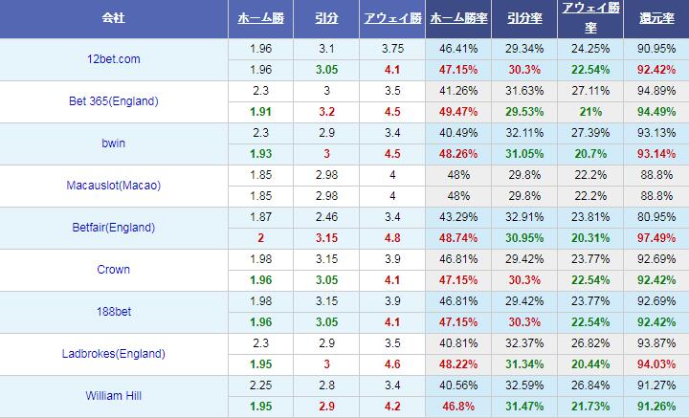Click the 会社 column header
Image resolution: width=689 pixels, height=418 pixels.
coord(115,19)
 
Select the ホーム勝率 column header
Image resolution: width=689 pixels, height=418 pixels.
coord(456,19)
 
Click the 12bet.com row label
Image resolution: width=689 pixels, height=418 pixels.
coord(113,59)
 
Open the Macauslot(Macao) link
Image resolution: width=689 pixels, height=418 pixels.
coord(114,186)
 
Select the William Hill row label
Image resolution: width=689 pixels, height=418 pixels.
coord(114,396)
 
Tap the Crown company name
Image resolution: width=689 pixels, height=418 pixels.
coord(114,270)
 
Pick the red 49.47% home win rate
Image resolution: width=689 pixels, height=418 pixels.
coord(456,112)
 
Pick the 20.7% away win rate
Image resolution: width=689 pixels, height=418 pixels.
coord(588,154)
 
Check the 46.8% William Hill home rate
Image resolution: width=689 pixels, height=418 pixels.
coord(456,407)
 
